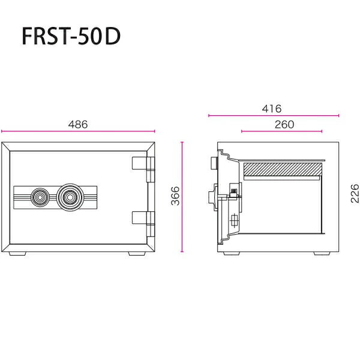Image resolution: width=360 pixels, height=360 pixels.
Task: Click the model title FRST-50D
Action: tap(71, 37)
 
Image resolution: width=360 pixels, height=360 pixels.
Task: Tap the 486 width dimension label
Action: tap(78, 124)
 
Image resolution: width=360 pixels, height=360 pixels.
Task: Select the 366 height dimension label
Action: tap(176, 196)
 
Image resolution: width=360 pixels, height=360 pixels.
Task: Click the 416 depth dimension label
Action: tap(272, 109)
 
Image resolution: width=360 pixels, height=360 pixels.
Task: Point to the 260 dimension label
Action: tap(284, 124)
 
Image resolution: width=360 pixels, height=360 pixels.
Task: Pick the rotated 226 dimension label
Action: tap(355, 193)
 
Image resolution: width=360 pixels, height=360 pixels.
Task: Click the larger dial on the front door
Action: tap(68, 197)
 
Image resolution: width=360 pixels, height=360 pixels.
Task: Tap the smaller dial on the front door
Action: tap(40, 197)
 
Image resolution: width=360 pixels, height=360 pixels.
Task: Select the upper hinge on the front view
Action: tap(144, 169)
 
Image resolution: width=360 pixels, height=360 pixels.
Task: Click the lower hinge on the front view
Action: tap(144, 224)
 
